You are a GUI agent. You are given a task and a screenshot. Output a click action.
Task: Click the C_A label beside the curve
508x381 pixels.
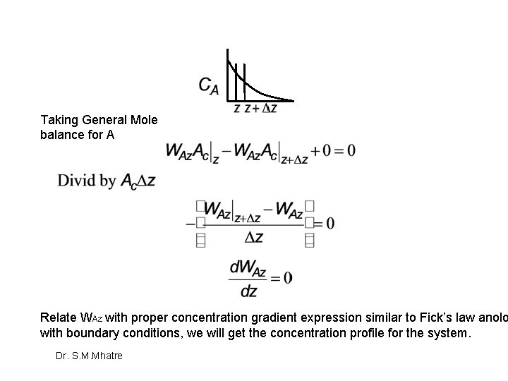click(208, 85)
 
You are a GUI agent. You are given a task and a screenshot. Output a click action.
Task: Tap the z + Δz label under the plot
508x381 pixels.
click(260, 108)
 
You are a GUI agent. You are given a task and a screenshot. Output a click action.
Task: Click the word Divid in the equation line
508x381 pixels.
click(77, 181)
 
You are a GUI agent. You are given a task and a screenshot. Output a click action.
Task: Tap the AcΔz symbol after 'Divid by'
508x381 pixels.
click(138, 181)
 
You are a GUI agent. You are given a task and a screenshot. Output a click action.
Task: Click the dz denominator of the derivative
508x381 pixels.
click(248, 291)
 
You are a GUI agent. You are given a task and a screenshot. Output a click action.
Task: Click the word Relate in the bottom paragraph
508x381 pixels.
click(59, 317)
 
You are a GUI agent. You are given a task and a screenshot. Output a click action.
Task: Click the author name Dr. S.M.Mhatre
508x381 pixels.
click(89, 356)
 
